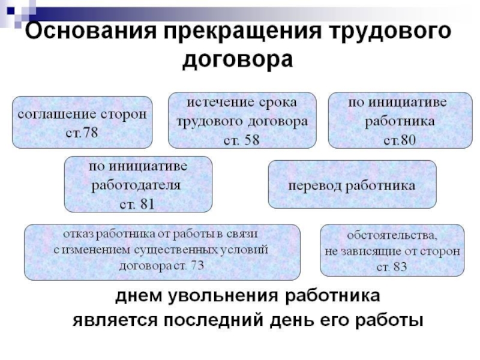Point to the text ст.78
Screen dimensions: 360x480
[x=82, y=131]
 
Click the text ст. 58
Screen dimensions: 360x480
[x=241, y=139]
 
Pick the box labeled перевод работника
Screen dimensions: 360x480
[x=352, y=185]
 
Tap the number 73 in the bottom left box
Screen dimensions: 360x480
[x=196, y=266]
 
